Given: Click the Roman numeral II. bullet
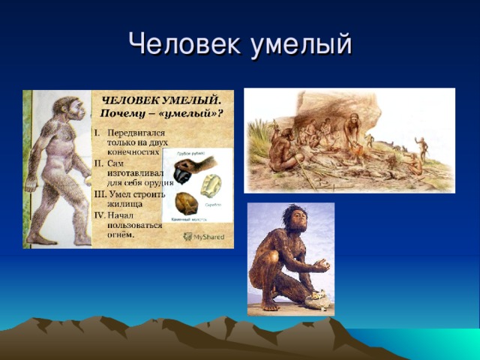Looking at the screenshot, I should pyautogui.click(x=97, y=162).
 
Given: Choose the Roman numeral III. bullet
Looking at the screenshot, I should pyautogui.click(x=98, y=191).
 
